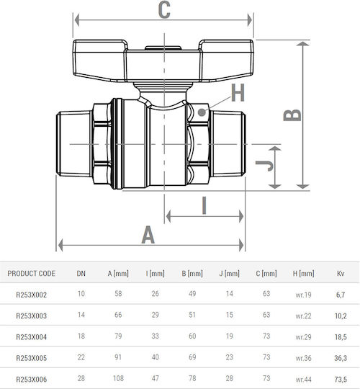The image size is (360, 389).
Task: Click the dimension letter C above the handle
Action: point(164,9)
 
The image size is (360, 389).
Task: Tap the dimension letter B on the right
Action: point(292,115)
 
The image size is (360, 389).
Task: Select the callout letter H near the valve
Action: point(238,92)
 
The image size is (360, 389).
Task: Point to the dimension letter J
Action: point(264,166)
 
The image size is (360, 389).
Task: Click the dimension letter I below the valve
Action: point(204,205)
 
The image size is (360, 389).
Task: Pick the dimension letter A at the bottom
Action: point(148,235)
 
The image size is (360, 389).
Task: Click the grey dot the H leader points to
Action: point(202,112)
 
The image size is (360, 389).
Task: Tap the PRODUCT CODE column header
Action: point(31,274)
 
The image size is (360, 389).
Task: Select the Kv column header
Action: point(341,274)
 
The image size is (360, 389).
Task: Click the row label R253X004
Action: point(31,337)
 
